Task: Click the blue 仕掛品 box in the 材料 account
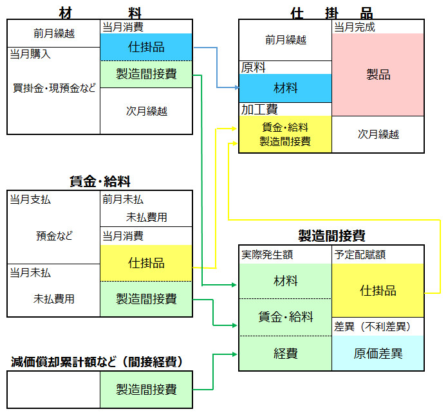click(x=146, y=47)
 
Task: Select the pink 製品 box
click(x=378, y=75)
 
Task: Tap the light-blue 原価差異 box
click(x=378, y=353)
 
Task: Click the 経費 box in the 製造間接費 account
click(x=285, y=353)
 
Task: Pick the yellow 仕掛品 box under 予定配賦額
click(x=378, y=290)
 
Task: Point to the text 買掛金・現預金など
click(x=54, y=88)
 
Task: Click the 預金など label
click(x=54, y=236)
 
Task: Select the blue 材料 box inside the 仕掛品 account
click(x=285, y=87)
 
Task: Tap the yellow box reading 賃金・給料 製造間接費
click(x=285, y=134)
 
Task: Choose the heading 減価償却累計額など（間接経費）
click(x=97, y=362)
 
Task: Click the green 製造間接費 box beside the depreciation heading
click(x=146, y=389)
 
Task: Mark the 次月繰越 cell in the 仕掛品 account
click(x=378, y=134)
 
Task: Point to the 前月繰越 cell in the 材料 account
click(x=54, y=33)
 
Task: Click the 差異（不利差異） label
click(x=372, y=326)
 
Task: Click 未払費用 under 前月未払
click(x=147, y=217)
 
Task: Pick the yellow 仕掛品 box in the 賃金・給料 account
click(x=146, y=263)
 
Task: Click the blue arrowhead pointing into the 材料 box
click(x=235, y=87)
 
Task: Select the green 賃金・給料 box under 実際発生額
click(x=285, y=316)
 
